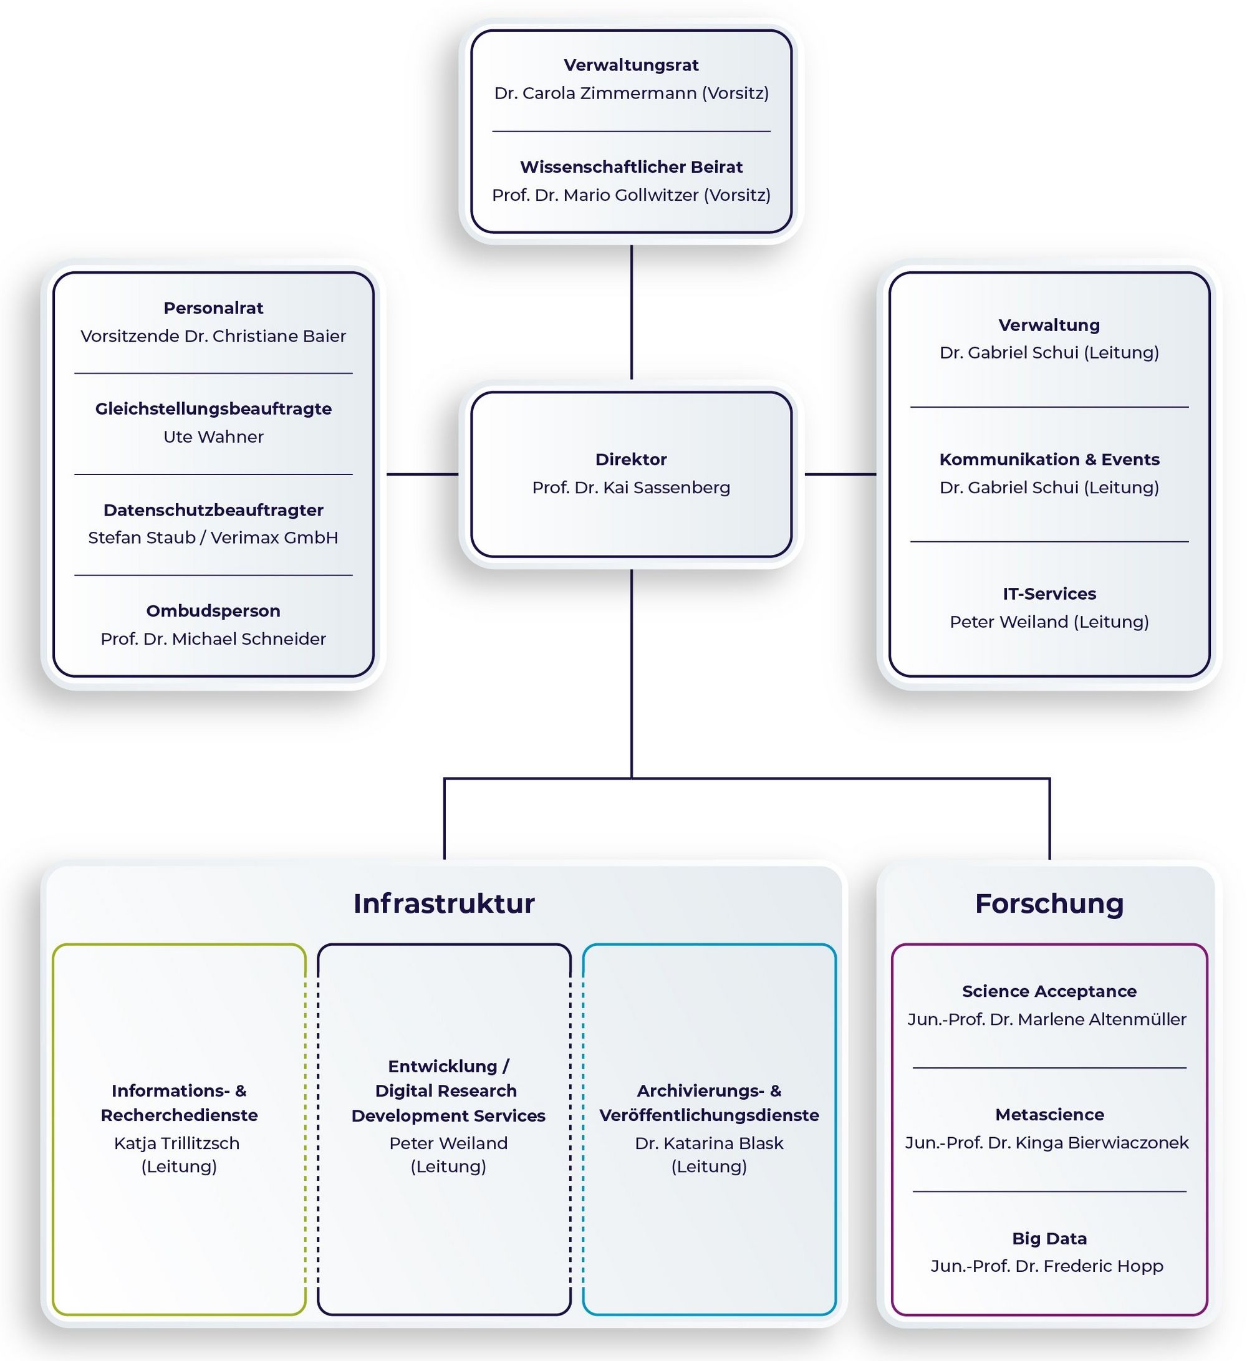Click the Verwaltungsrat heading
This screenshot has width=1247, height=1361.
(x=630, y=65)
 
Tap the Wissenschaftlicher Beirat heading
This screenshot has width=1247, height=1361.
(x=630, y=166)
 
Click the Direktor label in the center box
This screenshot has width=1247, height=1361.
(x=630, y=459)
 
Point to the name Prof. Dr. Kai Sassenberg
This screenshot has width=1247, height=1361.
(x=630, y=488)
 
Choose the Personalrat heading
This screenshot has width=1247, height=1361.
(x=213, y=308)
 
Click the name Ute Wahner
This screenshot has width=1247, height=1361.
(x=213, y=437)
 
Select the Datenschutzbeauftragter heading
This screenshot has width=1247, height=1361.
(x=213, y=510)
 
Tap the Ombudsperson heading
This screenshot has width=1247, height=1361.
(x=213, y=610)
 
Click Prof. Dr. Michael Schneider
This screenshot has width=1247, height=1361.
(x=213, y=638)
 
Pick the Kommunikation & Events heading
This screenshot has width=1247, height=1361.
(x=1049, y=459)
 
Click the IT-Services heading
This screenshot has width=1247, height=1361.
(x=1049, y=594)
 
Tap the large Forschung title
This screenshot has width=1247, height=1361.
(x=1049, y=903)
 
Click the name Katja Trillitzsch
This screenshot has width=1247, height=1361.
(x=177, y=1143)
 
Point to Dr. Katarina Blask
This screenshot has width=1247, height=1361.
(x=709, y=1143)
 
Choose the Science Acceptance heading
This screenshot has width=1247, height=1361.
(x=1049, y=991)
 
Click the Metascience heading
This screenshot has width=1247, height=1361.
(x=1049, y=1115)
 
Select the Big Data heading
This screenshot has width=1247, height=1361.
(x=1049, y=1238)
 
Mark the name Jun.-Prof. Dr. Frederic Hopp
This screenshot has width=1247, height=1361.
(x=1046, y=1266)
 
